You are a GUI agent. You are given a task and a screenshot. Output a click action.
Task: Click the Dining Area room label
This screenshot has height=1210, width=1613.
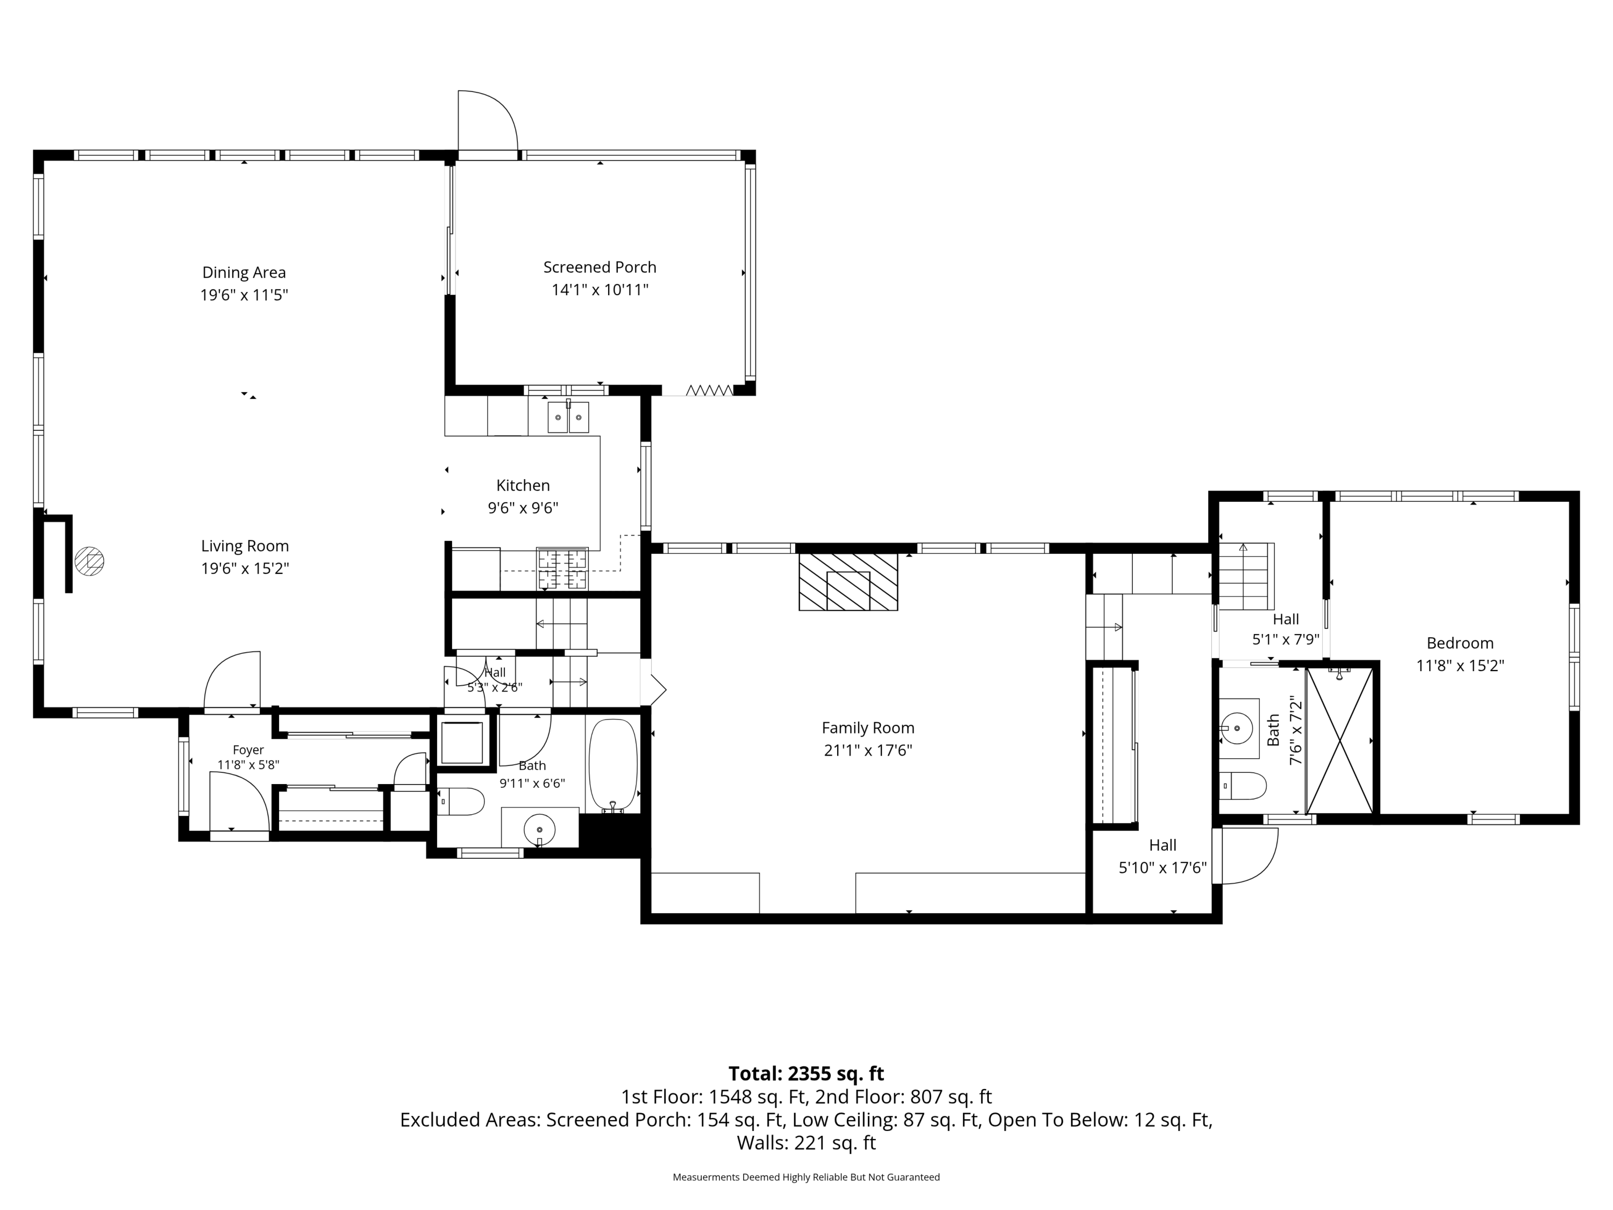pyautogui.click(x=244, y=273)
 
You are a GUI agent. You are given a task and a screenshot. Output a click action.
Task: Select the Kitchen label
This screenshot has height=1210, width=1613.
pyautogui.click(x=523, y=486)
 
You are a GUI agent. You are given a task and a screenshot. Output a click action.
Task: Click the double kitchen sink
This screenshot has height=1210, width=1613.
pyautogui.click(x=568, y=417)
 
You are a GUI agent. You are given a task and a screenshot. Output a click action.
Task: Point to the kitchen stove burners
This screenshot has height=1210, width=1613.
pyautogui.click(x=562, y=569)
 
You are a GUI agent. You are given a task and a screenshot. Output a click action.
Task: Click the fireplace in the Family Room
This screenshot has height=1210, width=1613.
pyautogui.click(x=848, y=582)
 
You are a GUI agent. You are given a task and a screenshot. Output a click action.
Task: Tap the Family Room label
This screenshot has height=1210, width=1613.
pyautogui.click(x=868, y=728)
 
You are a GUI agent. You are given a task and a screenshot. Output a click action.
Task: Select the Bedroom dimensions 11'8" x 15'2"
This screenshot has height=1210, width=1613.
pyautogui.click(x=1460, y=666)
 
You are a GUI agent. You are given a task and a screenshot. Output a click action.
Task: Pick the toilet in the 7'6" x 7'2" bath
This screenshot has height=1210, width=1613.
pyautogui.click(x=1243, y=786)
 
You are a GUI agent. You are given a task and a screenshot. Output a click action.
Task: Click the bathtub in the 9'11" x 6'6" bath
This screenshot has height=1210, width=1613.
pyautogui.click(x=612, y=764)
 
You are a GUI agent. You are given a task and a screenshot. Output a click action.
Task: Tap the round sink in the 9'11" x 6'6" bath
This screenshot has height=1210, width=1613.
pyautogui.click(x=540, y=830)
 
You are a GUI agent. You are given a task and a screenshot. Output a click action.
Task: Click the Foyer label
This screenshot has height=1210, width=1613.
pyautogui.click(x=248, y=750)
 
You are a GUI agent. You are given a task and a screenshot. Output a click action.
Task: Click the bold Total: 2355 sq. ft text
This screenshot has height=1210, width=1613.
pyautogui.click(x=806, y=1073)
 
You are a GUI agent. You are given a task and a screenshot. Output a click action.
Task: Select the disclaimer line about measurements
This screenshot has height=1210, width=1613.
pyautogui.click(x=806, y=1177)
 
